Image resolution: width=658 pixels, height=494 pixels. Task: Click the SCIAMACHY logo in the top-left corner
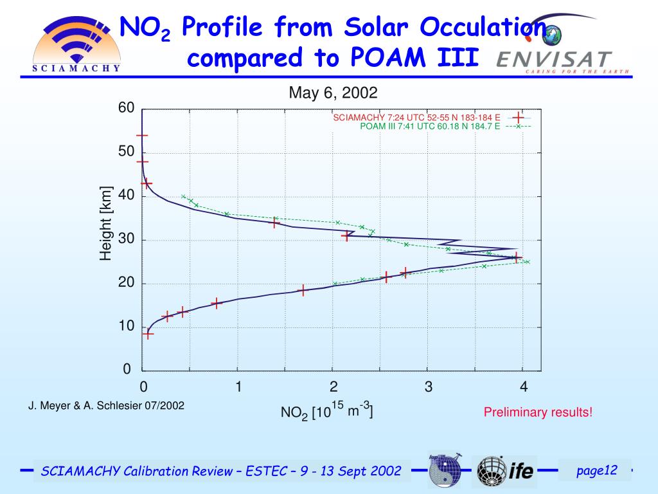[x=76, y=44]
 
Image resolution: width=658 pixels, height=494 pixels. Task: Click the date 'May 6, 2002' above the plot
[x=333, y=93]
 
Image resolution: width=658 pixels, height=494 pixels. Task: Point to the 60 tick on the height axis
[x=126, y=108]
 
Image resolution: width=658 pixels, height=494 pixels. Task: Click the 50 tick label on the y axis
[x=126, y=152]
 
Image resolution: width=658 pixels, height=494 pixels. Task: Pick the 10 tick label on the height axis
[x=126, y=326]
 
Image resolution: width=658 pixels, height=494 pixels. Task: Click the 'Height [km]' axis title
[x=106, y=224]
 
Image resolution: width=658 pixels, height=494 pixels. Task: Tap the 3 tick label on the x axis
[x=429, y=387]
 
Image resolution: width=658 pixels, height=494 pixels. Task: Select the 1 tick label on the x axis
[x=238, y=387]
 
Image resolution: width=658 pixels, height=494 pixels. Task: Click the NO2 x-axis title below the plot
[x=326, y=410]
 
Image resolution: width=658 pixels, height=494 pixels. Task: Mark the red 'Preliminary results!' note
[x=538, y=412]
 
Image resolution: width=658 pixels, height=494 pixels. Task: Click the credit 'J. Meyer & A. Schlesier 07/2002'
[x=106, y=406]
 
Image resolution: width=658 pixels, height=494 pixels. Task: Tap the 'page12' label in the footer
[x=596, y=471]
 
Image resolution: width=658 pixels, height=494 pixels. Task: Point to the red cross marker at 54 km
[x=142, y=135]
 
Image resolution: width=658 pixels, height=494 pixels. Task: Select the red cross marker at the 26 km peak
[x=517, y=257]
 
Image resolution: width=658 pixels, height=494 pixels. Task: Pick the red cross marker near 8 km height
[x=148, y=333]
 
